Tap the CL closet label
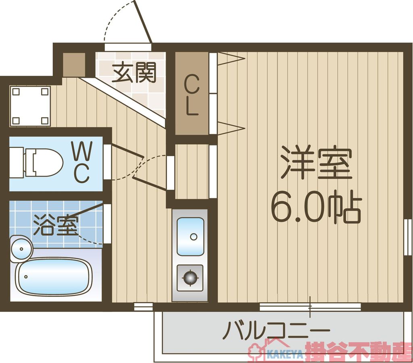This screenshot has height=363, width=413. pyautogui.click(x=192, y=95)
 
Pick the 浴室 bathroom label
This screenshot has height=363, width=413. pyautogui.click(x=55, y=225)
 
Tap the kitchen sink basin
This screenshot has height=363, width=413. pyautogui.click(x=190, y=236)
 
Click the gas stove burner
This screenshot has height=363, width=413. pyautogui.click(x=190, y=277)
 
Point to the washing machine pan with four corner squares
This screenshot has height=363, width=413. pyautogui.click(x=30, y=106)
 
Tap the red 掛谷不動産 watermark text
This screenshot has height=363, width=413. pyautogui.click(x=358, y=352)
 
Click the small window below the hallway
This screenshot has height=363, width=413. pyautogui.click(x=143, y=307)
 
